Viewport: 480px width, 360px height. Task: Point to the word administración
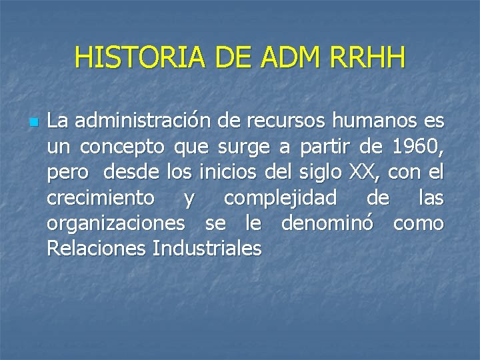[x=143, y=122]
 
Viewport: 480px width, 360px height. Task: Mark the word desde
[x=131, y=173]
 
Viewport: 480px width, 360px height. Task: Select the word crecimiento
[x=101, y=198]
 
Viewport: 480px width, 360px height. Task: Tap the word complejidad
[x=280, y=198]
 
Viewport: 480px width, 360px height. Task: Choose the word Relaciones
[x=97, y=249]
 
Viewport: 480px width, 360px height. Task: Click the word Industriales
[x=207, y=249]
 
